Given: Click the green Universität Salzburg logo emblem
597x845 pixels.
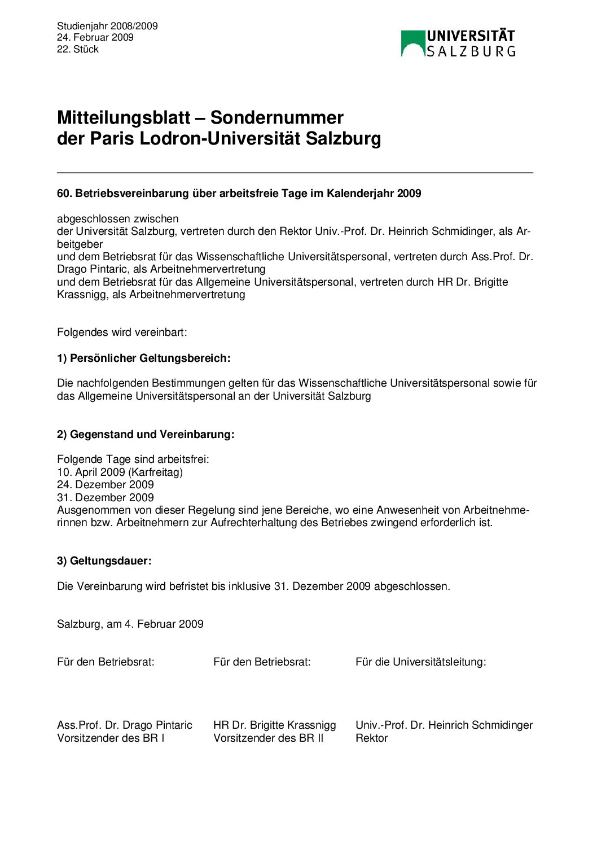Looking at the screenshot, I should click(412, 43).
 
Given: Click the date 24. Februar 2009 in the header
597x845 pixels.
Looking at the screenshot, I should click(95, 37).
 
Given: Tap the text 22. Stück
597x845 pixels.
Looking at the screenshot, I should click(78, 49).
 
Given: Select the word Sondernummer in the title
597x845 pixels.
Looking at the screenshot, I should click(276, 117).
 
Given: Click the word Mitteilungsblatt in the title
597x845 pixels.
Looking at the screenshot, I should click(124, 117).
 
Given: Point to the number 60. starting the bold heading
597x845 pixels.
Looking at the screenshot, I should click(64, 194).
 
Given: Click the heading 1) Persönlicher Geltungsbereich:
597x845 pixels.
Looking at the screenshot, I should click(144, 358).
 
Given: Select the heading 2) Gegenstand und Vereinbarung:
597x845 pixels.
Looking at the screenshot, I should click(146, 434).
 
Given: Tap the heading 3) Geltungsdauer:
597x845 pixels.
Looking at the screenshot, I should click(104, 561).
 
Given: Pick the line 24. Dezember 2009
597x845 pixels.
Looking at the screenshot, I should click(106, 484).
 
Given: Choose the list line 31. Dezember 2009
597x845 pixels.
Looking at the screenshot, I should click(106, 497).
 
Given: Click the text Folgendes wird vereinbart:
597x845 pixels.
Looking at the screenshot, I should click(122, 332).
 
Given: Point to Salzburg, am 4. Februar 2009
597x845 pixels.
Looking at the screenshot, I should click(130, 624).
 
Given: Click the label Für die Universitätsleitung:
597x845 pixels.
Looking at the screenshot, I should click(420, 662).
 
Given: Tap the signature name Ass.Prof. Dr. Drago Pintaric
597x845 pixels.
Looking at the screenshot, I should click(125, 725).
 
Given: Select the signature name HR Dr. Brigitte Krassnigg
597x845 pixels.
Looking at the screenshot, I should click(274, 725).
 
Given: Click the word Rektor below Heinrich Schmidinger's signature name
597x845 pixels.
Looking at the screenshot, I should click(371, 738).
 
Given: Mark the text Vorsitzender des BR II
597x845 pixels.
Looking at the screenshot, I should click(268, 738).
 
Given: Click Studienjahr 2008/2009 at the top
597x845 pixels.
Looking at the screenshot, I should click(107, 26).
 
